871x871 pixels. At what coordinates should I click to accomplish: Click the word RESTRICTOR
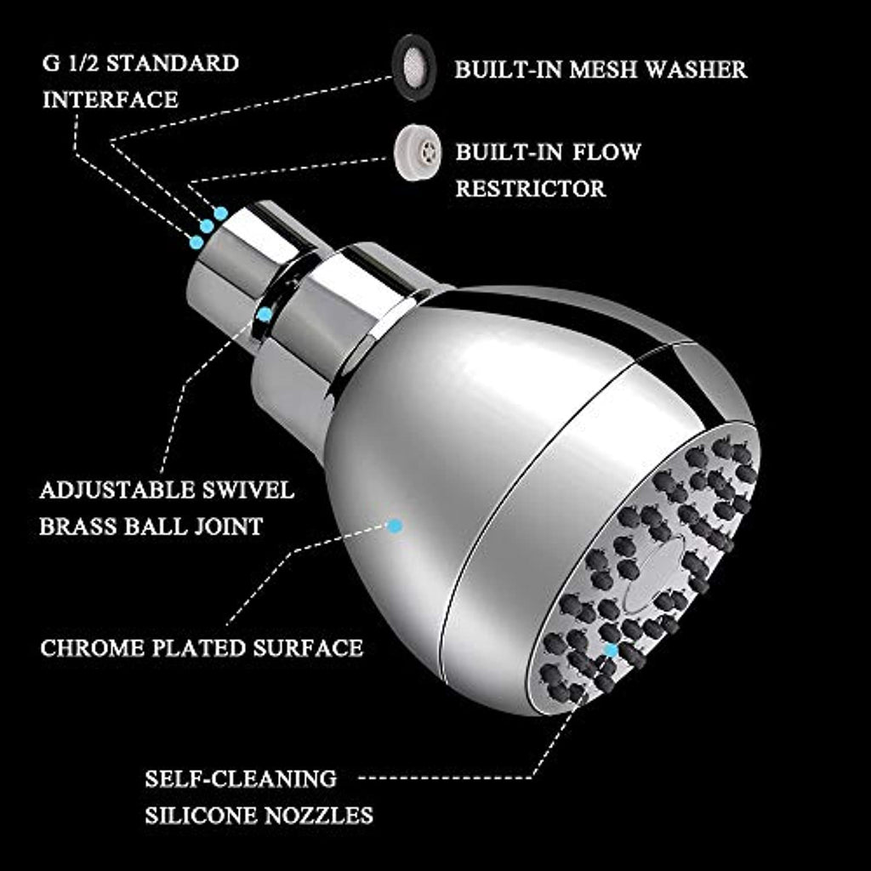click(530, 187)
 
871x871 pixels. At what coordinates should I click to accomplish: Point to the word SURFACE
click(309, 648)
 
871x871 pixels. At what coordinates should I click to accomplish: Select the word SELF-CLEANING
click(241, 778)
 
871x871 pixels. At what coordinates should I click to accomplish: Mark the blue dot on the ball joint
click(265, 315)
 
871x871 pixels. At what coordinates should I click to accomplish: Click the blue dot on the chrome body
click(394, 526)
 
